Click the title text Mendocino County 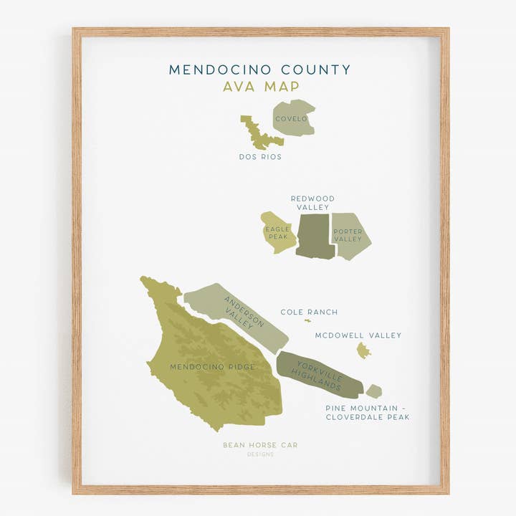click(x=259, y=70)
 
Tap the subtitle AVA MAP click(x=260, y=87)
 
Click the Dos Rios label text click(x=260, y=156)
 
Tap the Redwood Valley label click(x=312, y=203)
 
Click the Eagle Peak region click(x=277, y=232)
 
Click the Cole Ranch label click(x=309, y=312)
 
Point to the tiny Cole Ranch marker click(x=307, y=320)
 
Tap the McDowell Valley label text click(x=358, y=335)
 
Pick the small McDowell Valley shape click(x=363, y=350)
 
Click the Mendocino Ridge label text click(x=212, y=367)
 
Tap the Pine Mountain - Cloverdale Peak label click(x=368, y=412)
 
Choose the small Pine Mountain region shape click(x=373, y=391)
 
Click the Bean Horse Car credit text click(x=259, y=445)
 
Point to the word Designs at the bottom click(x=260, y=454)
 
